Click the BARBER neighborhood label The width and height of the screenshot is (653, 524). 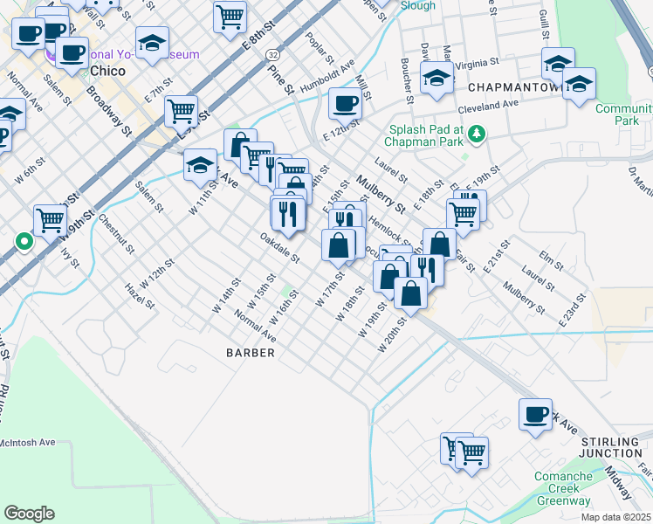click(x=251, y=353)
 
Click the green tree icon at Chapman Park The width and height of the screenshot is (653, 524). click(x=477, y=134)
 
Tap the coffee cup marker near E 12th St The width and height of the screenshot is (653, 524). click(x=345, y=104)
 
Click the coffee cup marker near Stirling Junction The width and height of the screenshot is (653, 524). click(x=535, y=414)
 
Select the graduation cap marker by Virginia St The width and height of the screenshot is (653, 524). click(x=436, y=77)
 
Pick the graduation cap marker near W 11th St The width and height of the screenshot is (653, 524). click(x=200, y=162)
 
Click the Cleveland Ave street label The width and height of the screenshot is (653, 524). click(x=489, y=106)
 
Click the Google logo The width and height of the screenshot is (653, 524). click(x=29, y=513)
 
